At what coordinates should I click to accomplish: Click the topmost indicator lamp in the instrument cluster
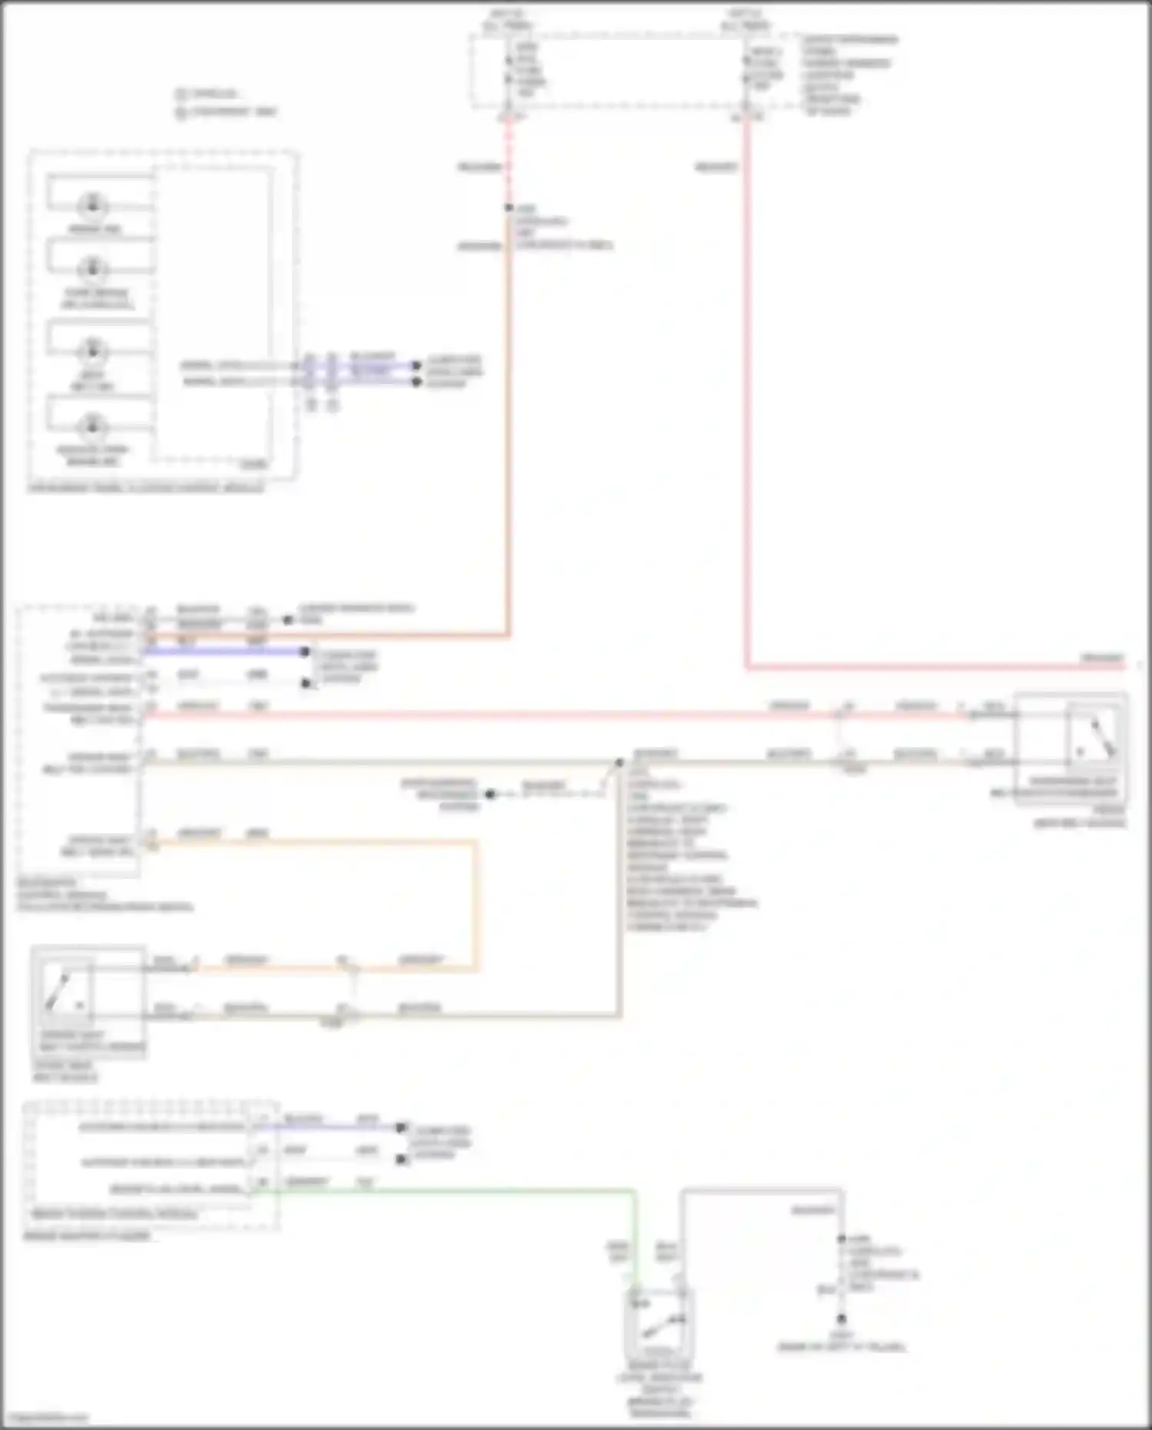pyautogui.click(x=94, y=205)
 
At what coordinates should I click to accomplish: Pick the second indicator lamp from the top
pyautogui.click(x=94, y=268)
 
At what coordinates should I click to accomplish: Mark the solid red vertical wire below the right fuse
pyautogui.click(x=746, y=384)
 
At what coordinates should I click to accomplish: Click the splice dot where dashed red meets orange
pyautogui.click(x=508, y=207)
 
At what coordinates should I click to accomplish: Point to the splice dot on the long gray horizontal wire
pyautogui.click(x=619, y=763)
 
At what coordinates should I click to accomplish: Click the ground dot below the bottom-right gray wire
pyautogui.click(x=842, y=1319)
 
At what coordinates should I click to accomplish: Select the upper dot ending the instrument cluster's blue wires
pyautogui.click(x=417, y=365)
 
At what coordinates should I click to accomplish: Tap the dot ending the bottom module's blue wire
pyautogui.click(x=401, y=1128)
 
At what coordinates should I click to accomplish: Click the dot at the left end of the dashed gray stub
pyautogui.click(x=490, y=794)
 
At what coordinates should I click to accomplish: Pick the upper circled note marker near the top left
pyautogui.click(x=181, y=94)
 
